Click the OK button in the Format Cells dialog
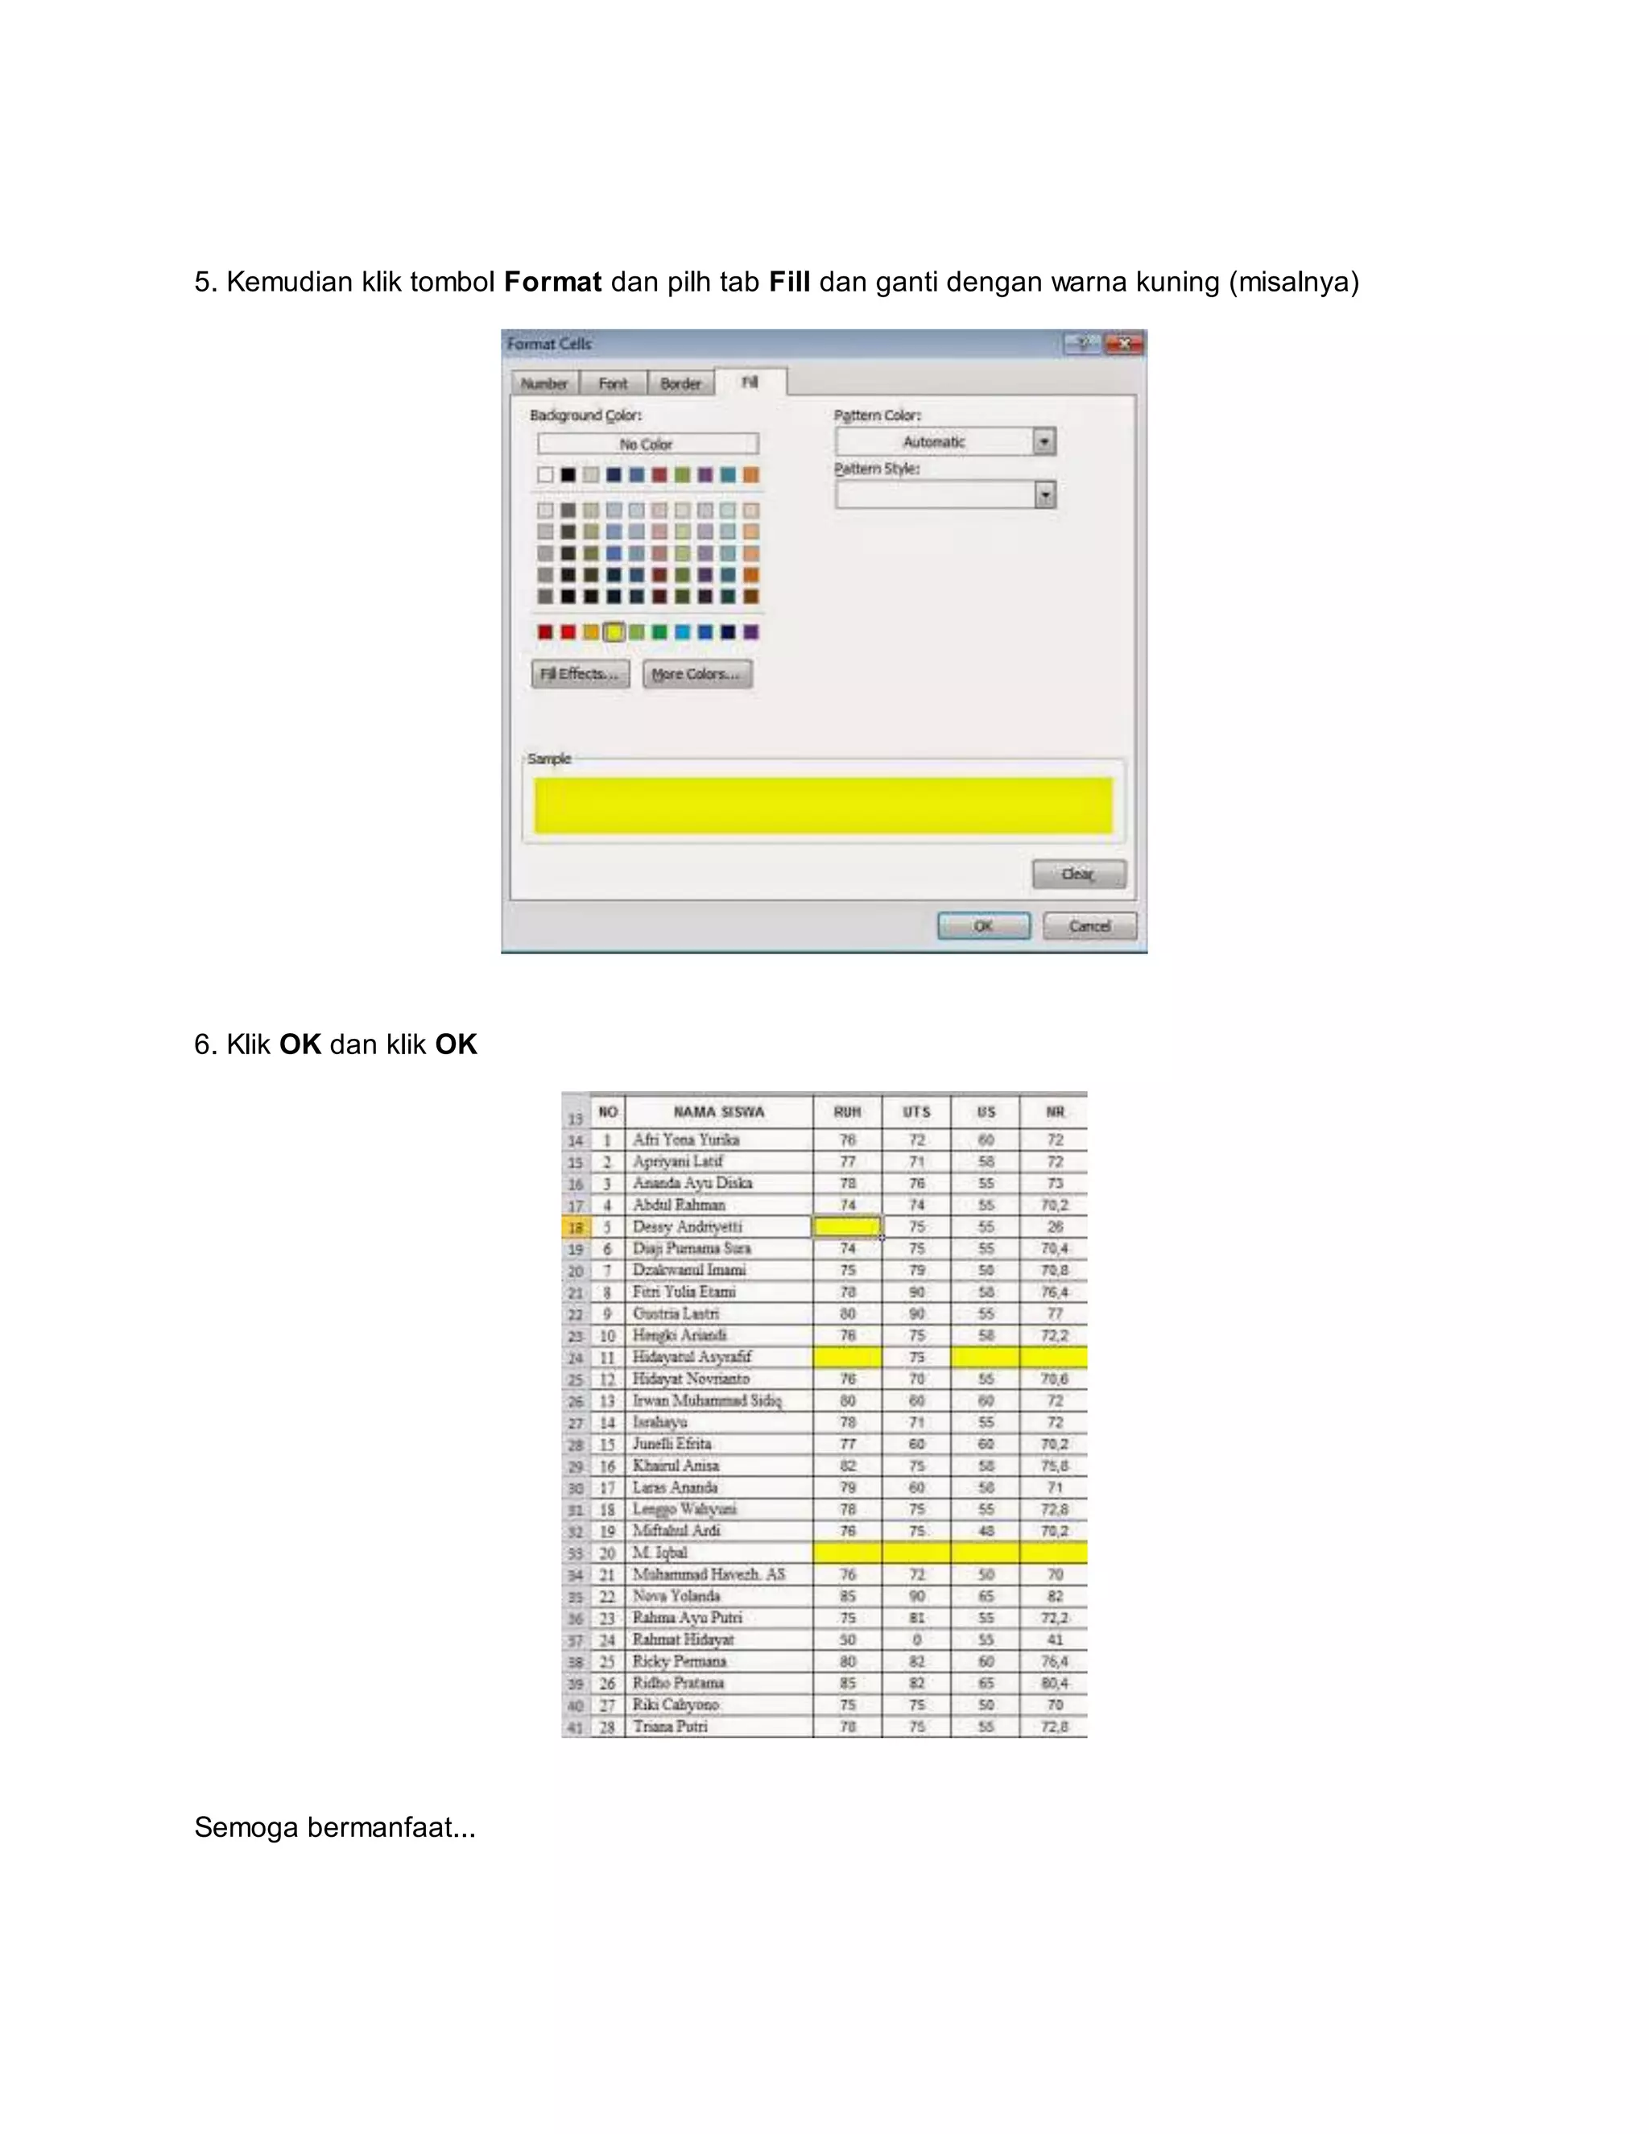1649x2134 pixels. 983,925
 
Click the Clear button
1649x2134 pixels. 1078,874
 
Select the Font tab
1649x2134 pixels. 613,383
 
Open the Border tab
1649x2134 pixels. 680,383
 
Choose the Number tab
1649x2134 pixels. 544,383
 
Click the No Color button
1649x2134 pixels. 647,444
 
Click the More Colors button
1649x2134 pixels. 696,673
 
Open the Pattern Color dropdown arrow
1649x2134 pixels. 1044,441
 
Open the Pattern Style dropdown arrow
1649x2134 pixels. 1044,495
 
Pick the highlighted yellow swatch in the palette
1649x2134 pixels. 614,632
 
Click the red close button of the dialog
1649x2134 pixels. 1124,343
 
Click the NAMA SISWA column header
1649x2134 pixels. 719,1112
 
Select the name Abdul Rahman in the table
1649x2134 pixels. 679,1205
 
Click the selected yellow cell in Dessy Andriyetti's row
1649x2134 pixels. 847,1226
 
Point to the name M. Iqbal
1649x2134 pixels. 660,1553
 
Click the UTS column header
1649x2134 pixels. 916,1112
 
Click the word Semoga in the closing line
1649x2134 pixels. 246,1827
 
